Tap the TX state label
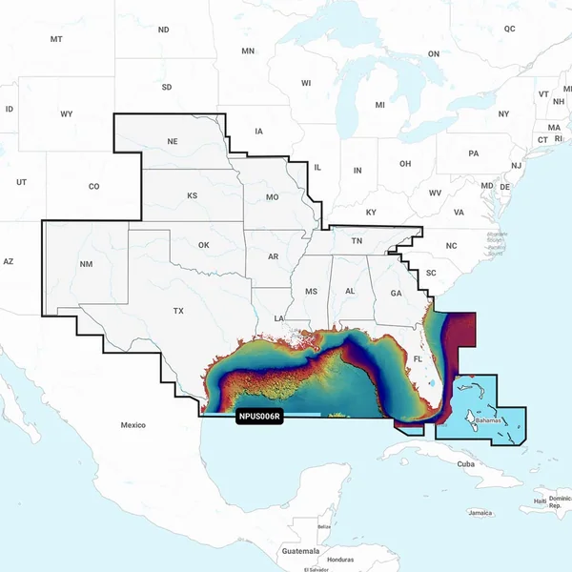point(178,312)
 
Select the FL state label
point(418,359)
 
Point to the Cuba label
point(465,464)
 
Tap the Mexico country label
point(133,424)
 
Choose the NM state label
point(87,264)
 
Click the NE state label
point(173,142)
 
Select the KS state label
point(192,195)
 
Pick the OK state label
point(203,245)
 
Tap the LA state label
point(279,317)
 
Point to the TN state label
point(357,241)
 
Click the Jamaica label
point(480,513)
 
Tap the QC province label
point(509,29)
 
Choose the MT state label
point(56,39)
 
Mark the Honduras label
point(339,560)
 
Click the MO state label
point(272,197)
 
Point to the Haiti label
point(541,500)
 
